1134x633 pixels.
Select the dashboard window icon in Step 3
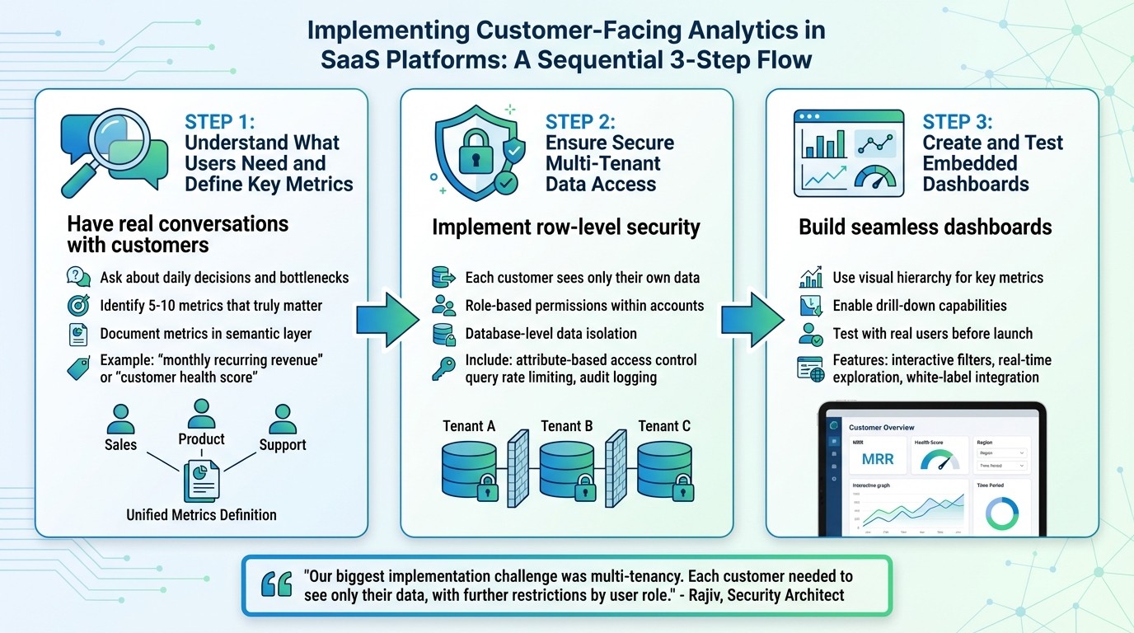pyautogui.click(x=848, y=153)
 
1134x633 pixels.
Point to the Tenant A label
pyautogui.click(x=468, y=426)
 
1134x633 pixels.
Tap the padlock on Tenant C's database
pyautogui.click(x=682, y=490)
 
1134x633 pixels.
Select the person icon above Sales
pyautogui.click(x=120, y=419)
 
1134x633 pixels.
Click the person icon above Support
pyautogui.click(x=282, y=419)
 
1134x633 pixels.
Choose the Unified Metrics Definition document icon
pyautogui.click(x=201, y=481)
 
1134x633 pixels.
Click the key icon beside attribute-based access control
pyautogui.click(x=443, y=368)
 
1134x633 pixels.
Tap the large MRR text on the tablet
pyautogui.click(x=877, y=459)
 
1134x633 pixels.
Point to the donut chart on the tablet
pyautogui.click(x=1001, y=513)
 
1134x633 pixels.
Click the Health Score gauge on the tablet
pyautogui.click(x=940, y=460)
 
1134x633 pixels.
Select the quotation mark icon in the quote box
pyautogui.click(x=276, y=584)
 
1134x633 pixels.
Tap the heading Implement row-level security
pyautogui.click(x=565, y=227)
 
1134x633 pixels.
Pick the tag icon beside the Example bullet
pyautogui.click(x=78, y=368)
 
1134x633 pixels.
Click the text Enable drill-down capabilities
pyautogui.click(x=919, y=306)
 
